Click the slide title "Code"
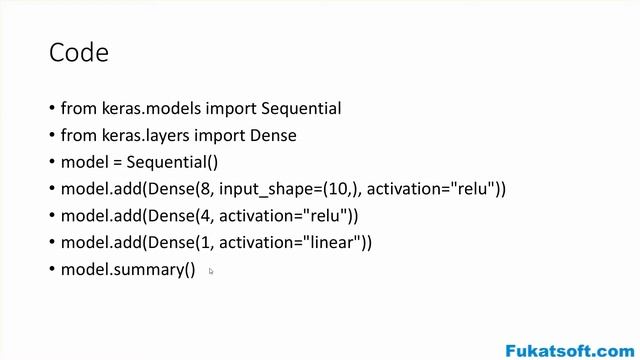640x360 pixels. [x=79, y=53]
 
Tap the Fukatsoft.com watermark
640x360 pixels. [x=570, y=351]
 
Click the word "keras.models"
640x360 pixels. [x=151, y=109]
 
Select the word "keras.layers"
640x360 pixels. [x=146, y=136]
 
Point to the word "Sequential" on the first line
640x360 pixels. [x=301, y=109]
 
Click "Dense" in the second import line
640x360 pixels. [x=273, y=136]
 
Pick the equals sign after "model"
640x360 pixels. [x=118, y=163]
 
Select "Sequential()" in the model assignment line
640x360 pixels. [x=172, y=162]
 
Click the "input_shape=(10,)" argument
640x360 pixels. [x=290, y=189]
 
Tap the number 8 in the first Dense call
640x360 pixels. [x=205, y=189]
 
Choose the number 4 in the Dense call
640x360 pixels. [x=205, y=216]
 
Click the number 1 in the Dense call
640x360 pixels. [x=205, y=243]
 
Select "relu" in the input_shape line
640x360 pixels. [x=473, y=189]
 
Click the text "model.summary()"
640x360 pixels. [x=128, y=270]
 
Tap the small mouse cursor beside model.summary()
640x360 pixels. [x=211, y=271]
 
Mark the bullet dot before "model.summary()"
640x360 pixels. [x=52, y=269]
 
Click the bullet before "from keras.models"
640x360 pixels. [x=52, y=108]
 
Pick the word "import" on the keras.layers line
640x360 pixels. [x=220, y=136]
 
